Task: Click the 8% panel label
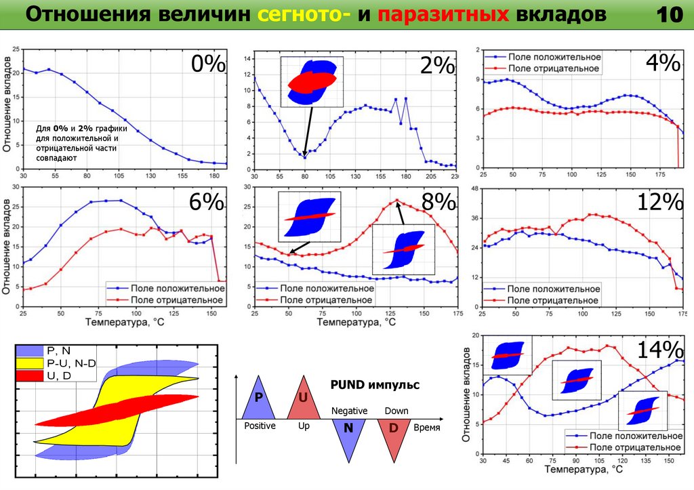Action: pyautogui.click(x=437, y=201)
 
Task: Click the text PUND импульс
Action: pyautogui.click(x=375, y=385)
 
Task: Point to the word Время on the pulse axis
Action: pyautogui.click(x=427, y=428)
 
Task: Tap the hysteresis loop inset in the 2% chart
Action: pyautogui.click(x=312, y=81)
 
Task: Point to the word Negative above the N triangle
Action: pyautogui.click(x=349, y=411)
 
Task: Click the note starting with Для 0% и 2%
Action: pyautogui.click(x=77, y=142)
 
